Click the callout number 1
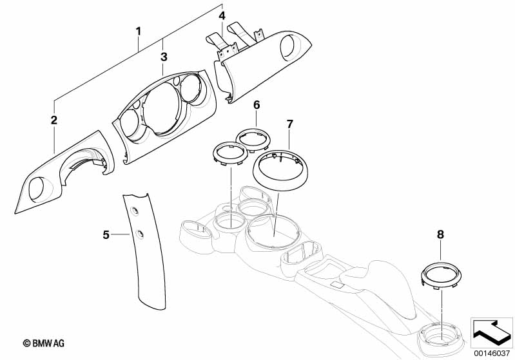(x=137, y=30)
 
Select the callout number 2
(x=54, y=120)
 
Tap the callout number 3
(x=164, y=57)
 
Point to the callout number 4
(x=222, y=15)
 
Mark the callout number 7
(x=289, y=122)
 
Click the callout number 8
(x=441, y=235)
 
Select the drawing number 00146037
(x=492, y=352)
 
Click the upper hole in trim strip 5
(x=134, y=211)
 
